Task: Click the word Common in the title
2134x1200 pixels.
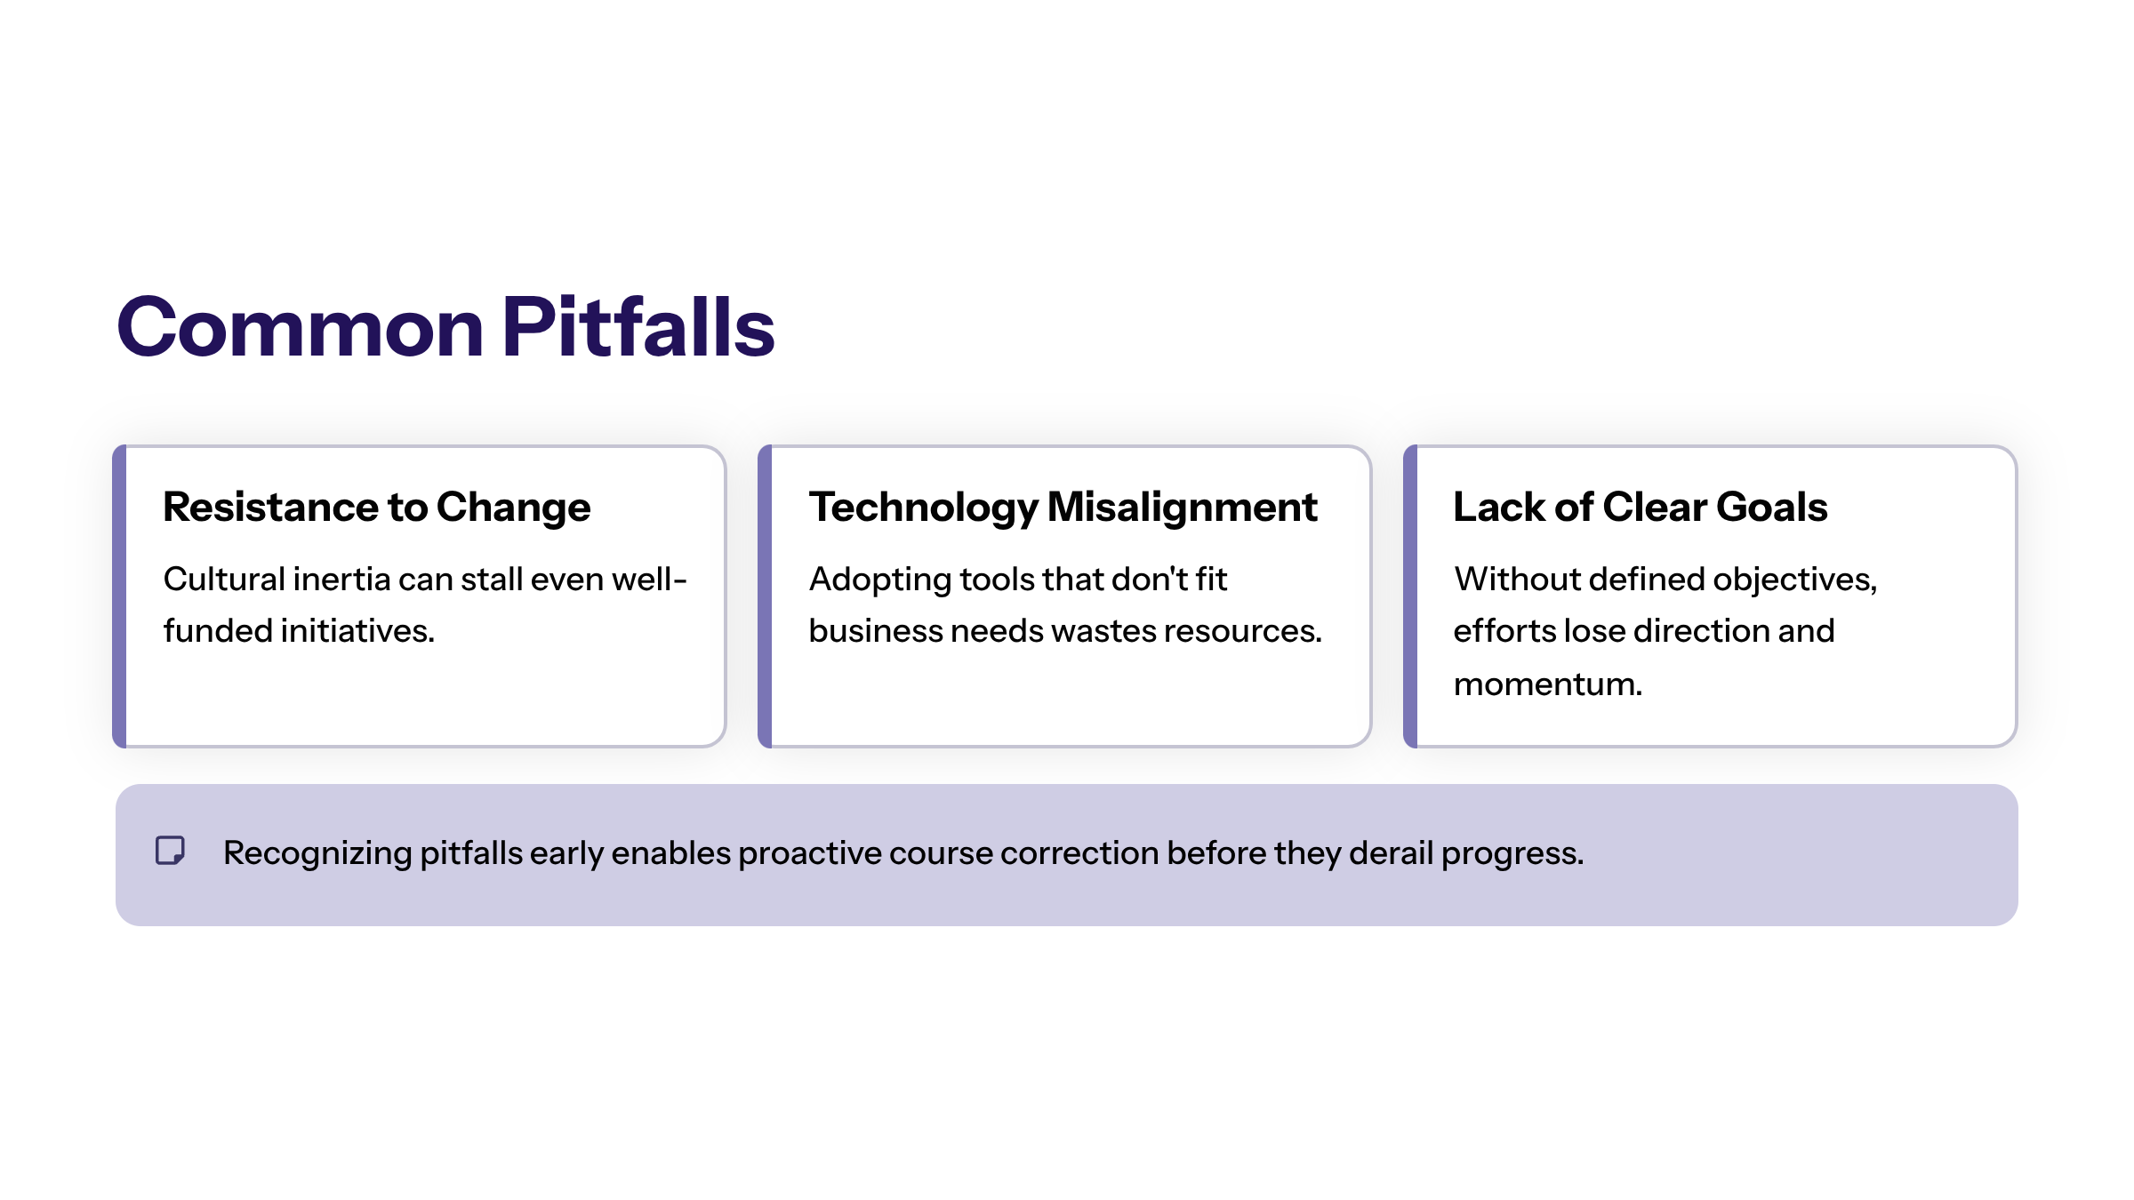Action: coord(300,328)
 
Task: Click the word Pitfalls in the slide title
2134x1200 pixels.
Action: coord(638,328)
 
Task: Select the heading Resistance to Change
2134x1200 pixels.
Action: coord(376,508)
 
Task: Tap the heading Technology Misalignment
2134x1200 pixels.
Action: coord(1063,508)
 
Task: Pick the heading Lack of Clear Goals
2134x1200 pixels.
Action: coord(1640,508)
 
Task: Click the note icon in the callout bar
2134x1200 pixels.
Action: coord(170,851)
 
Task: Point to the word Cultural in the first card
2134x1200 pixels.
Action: coord(224,580)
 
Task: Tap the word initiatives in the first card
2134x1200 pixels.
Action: coord(357,631)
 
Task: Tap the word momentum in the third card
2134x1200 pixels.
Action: coord(1547,684)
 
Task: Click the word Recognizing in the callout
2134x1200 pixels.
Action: coord(317,853)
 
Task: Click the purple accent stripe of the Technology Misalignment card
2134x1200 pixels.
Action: coord(765,596)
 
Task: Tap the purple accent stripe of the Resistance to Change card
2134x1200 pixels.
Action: coord(119,596)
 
